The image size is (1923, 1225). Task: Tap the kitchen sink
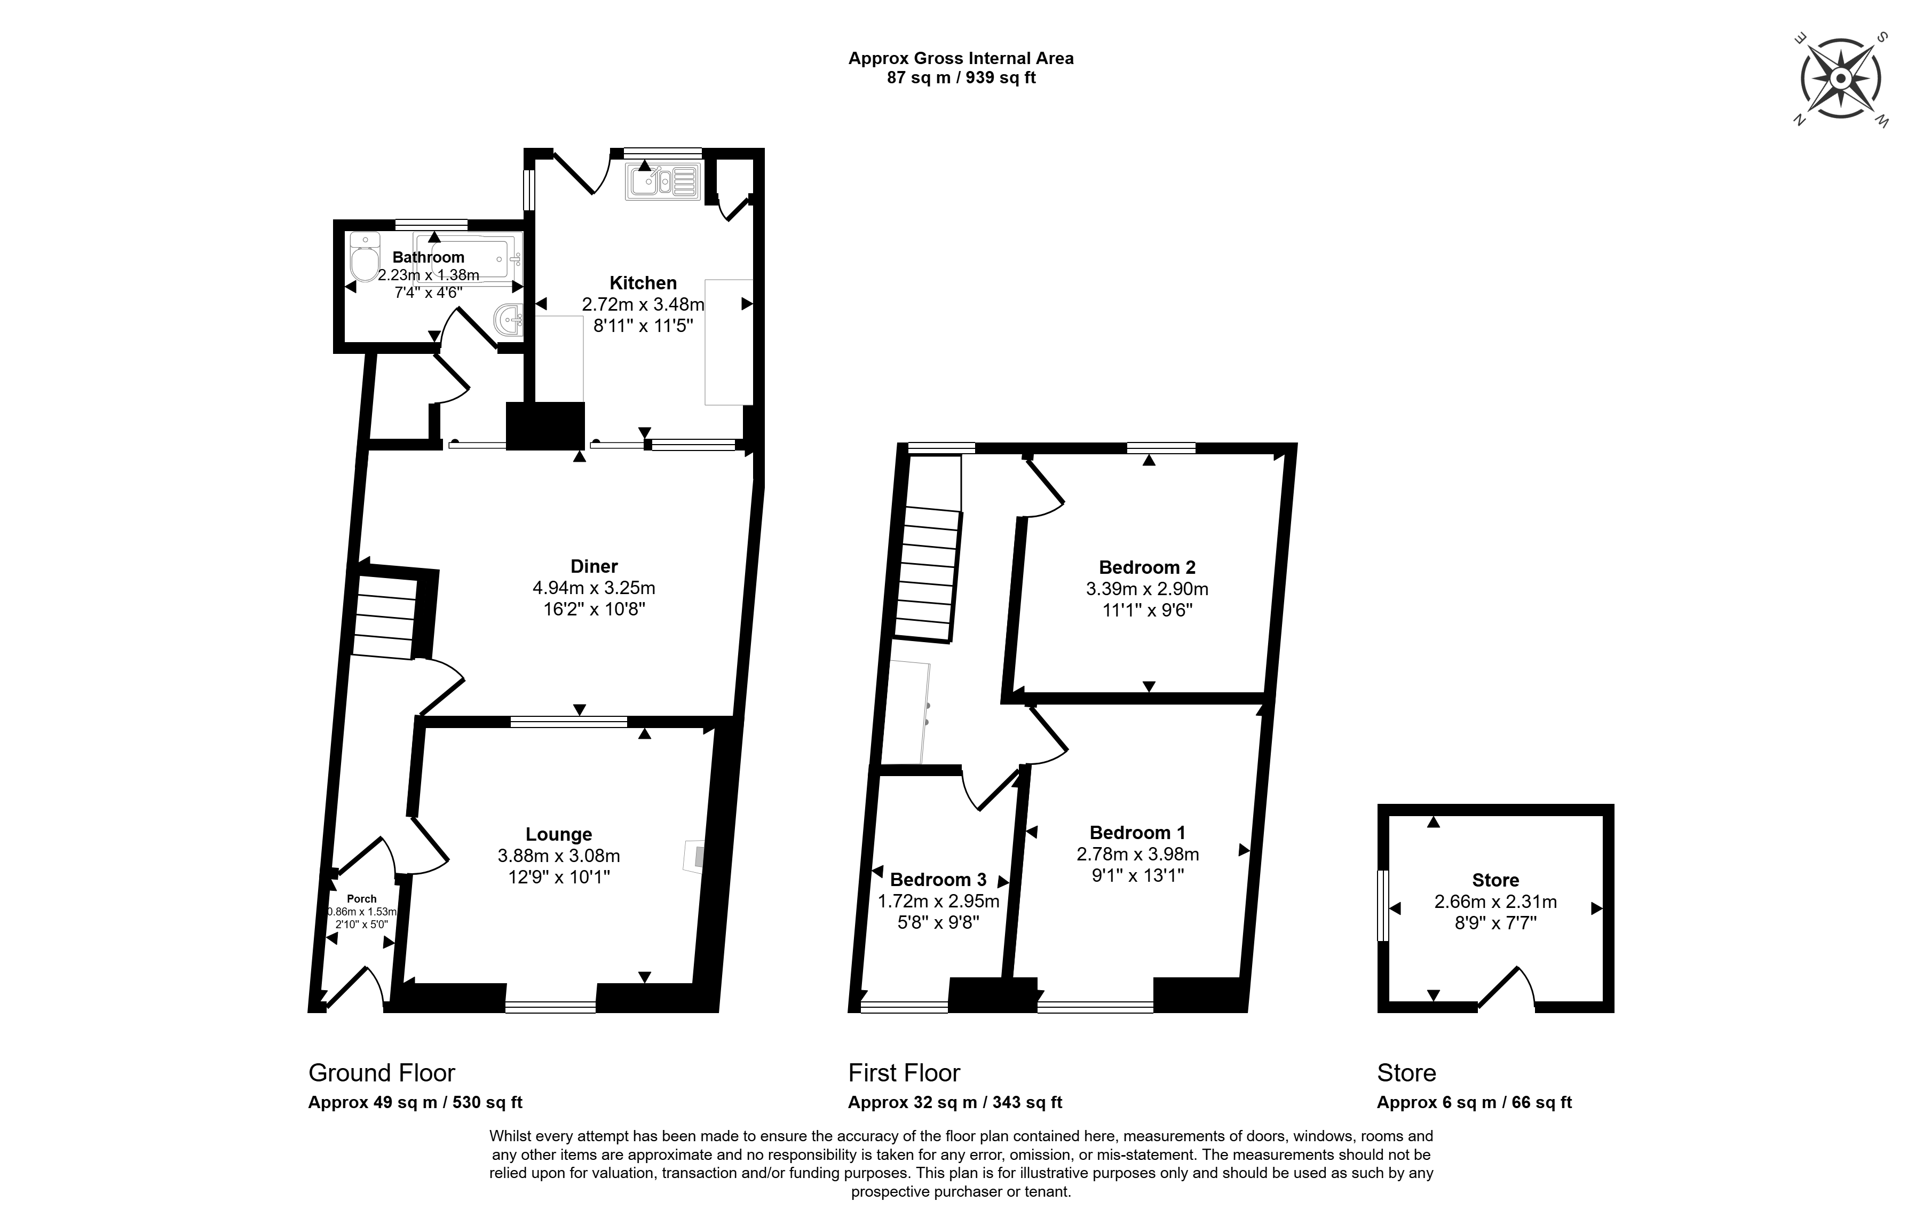(x=663, y=181)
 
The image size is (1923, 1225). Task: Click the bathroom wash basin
(x=509, y=321)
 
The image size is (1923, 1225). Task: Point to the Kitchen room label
(x=643, y=283)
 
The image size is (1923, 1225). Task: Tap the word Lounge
(x=558, y=834)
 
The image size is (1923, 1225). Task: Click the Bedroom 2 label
(x=1147, y=568)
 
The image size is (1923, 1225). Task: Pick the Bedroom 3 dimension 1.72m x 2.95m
(x=938, y=902)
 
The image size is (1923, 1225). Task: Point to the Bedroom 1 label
(x=1137, y=833)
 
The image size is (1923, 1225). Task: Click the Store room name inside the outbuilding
(x=1495, y=880)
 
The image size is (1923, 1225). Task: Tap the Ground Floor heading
(x=382, y=1072)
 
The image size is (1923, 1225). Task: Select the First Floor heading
(x=904, y=1072)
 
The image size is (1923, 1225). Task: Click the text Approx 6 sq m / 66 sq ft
(x=1474, y=1103)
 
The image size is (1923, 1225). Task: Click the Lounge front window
(x=551, y=1007)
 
